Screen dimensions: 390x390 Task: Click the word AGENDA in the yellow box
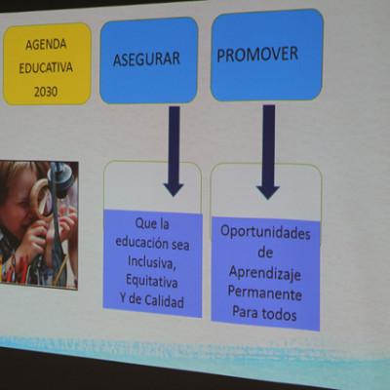pos(46,45)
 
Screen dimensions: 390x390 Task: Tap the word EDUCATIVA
pos(46,68)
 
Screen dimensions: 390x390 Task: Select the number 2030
pos(46,92)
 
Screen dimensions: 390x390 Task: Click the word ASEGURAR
pos(146,59)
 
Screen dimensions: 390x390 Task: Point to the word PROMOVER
pos(257,55)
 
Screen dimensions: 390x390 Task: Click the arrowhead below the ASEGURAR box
pos(174,190)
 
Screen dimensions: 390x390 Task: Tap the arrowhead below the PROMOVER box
pos(268,192)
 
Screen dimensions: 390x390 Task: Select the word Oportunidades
pos(265,232)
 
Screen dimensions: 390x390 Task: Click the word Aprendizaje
pos(265,273)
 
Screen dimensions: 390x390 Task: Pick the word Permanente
pos(264,292)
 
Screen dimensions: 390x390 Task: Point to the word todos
pos(279,314)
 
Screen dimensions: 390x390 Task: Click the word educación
pos(141,242)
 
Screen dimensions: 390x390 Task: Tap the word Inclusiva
pos(152,261)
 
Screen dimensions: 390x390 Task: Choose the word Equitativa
pos(152,281)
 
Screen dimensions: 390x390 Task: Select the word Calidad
pos(164,301)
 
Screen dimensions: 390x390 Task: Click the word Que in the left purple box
pos(143,223)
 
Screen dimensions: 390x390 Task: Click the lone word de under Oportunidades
pos(265,253)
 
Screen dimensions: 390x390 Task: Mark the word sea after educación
pos(180,245)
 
